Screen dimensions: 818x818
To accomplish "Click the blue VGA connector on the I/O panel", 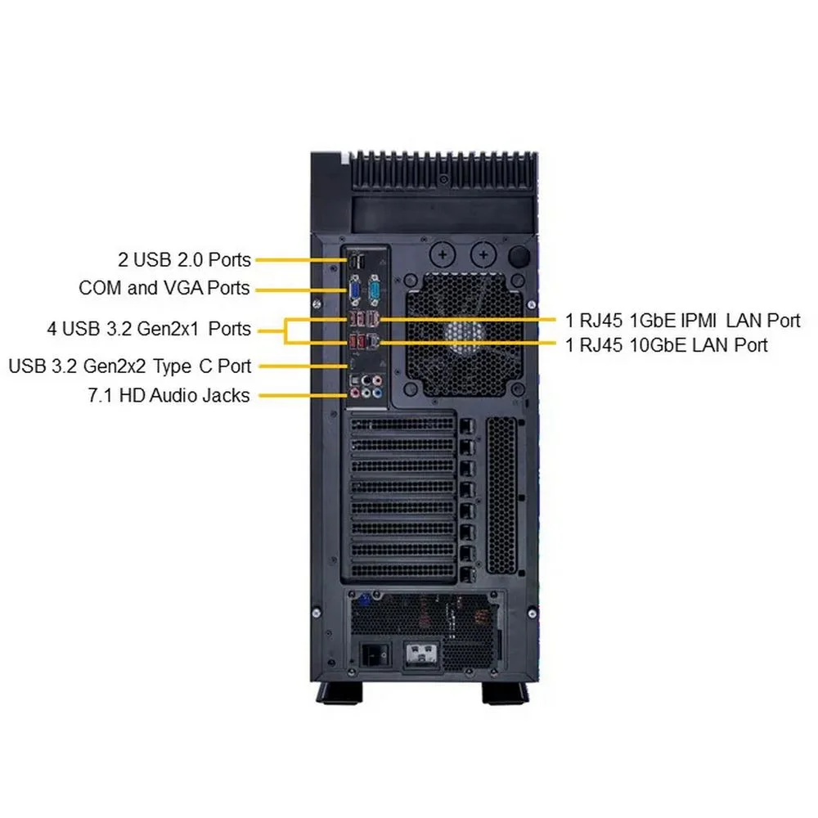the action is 355,292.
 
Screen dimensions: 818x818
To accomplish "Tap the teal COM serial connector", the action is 375,292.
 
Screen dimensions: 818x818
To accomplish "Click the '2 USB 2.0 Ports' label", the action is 184,259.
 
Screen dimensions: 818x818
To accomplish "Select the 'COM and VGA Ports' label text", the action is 164,287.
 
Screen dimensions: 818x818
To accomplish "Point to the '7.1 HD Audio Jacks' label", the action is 169,395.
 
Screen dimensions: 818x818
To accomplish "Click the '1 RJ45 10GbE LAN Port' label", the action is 667,345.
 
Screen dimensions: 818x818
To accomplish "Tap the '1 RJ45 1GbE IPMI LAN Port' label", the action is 683,321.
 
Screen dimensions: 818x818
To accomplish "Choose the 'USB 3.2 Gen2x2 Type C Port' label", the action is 130,366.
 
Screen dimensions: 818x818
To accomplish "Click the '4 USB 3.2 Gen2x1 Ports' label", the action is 149,329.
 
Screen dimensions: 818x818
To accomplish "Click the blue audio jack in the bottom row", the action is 377,393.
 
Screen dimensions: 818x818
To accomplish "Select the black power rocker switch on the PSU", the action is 376,654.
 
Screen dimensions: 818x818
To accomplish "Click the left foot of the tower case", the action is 339,693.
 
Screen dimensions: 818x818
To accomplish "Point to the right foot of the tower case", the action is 505,693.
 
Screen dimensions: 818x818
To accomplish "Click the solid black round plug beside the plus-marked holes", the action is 519,255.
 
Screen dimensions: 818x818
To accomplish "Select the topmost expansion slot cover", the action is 402,425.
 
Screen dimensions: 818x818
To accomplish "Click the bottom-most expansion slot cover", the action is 402,571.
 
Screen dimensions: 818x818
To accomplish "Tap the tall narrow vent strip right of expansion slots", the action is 501,496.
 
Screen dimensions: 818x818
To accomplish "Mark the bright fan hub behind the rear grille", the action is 465,334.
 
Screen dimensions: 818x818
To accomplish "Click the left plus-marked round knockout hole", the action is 443,255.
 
